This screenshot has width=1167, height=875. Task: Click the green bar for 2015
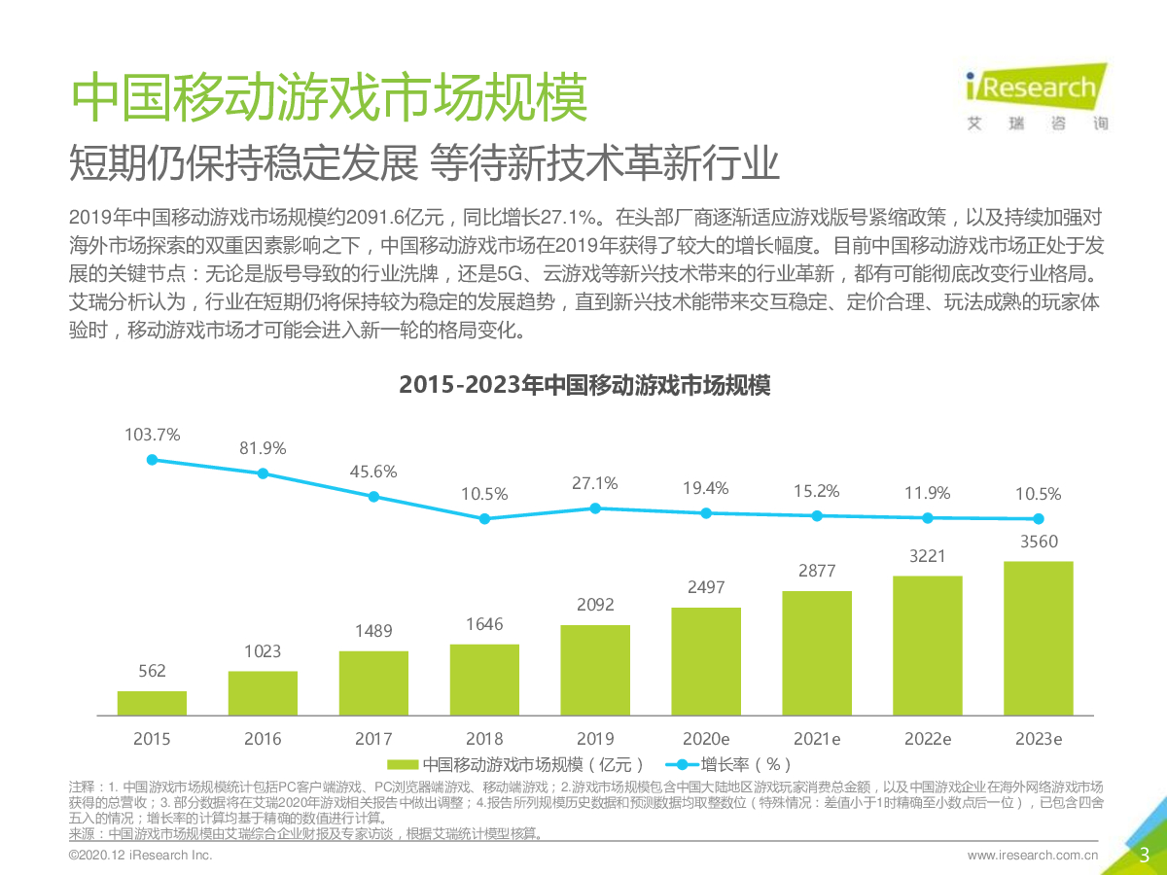pos(152,704)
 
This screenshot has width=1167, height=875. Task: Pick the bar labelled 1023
pos(263,693)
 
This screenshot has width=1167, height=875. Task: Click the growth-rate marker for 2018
pos(484,519)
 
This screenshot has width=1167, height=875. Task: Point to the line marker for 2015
pos(152,460)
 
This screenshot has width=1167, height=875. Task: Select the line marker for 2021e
pos(817,515)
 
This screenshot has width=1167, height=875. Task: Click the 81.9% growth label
pos(263,448)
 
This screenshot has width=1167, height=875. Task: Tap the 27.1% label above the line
pos(595,483)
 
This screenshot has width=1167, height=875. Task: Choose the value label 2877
pos(817,571)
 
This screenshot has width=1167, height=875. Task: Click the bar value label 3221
pos(928,555)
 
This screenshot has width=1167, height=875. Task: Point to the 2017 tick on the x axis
pos(373,739)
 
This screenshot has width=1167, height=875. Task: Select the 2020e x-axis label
pos(706,739)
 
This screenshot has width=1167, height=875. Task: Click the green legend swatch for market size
pos(404,764)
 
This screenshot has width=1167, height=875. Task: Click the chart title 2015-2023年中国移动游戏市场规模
pos(584,385)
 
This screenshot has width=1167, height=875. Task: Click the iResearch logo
pos(1034,94)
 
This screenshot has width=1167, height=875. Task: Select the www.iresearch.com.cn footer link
pos(1032,857)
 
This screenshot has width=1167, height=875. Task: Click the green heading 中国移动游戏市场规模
pos(330,96)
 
